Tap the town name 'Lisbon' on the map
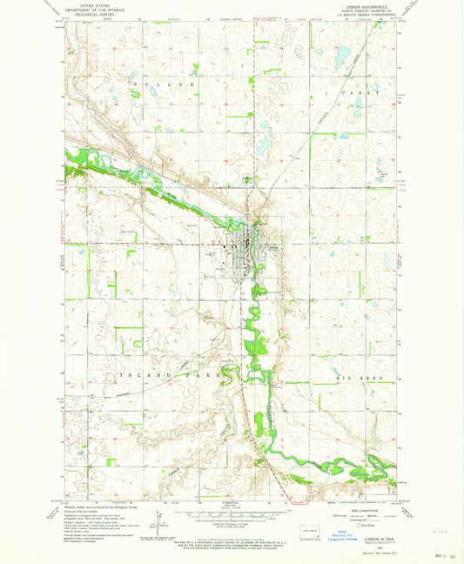click(x=273, y=246)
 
